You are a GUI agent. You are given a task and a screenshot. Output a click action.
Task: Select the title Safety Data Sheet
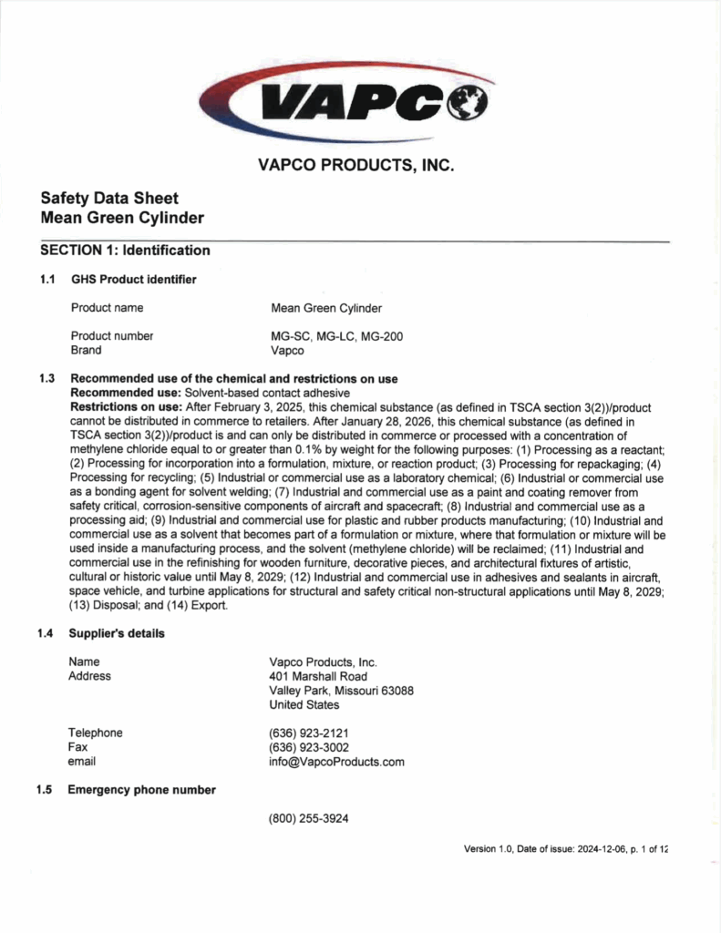(109, 199)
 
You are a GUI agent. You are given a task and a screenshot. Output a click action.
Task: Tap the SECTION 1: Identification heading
(125, 251)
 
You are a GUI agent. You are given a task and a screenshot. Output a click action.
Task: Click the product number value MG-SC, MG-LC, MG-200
(336, 336)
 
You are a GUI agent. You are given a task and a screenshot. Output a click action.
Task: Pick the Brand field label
(86, 350)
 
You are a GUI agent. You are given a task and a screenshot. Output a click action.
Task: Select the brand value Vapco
(286, 350)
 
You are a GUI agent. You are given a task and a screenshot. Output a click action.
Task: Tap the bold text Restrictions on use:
(126, 406)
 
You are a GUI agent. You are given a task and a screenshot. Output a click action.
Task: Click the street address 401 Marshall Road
(318, 676)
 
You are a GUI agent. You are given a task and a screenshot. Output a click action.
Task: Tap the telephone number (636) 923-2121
(309, 733)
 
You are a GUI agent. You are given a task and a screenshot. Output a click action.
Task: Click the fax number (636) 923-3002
(309, 747)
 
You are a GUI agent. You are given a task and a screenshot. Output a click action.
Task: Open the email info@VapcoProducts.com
(336, 762)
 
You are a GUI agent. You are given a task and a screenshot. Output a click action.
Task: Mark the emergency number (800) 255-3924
(308, 818)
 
